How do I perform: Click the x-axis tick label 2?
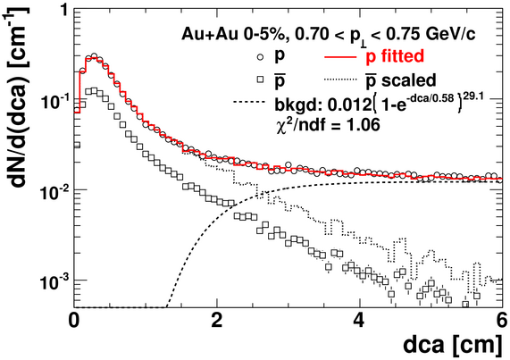217,321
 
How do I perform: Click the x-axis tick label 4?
359,321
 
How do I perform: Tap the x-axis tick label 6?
501,321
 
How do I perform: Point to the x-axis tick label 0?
74,321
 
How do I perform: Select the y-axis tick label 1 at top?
63,12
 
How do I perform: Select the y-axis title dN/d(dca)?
20,130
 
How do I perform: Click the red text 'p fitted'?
395,57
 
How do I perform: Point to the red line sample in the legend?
340,57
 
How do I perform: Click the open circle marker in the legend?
260,57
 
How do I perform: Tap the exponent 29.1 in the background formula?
472,96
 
